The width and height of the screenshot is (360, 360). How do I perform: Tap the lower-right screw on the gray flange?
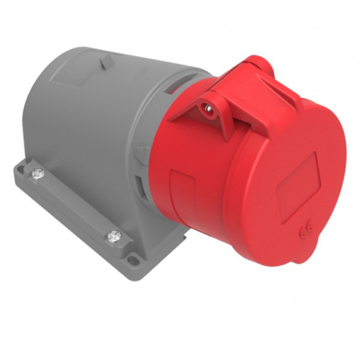[113, 236]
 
